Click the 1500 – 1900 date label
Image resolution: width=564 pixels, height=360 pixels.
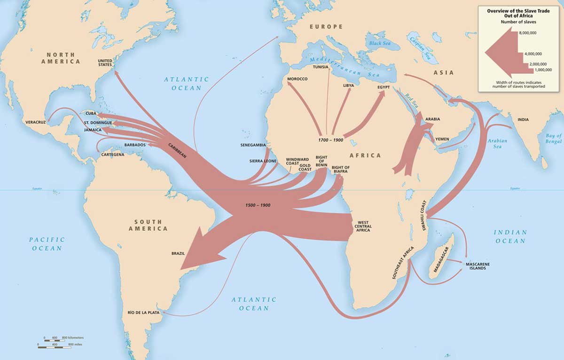pos(258,206)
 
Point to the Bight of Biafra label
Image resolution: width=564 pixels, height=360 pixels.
pos(340,170)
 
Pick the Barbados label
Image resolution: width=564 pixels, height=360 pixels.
pos(134,145)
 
